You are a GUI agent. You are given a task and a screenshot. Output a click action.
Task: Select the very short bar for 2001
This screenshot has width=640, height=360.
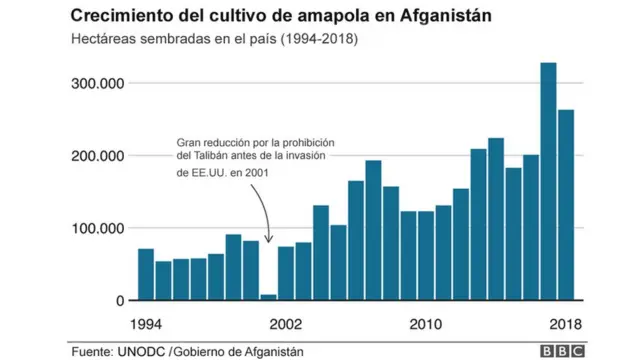[268, 296]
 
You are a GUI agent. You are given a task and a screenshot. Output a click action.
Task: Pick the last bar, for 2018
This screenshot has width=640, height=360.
[566, 205]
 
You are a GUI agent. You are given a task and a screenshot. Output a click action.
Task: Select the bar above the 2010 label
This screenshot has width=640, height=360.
[426, 256]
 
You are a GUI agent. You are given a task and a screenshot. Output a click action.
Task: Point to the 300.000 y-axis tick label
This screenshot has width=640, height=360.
[97, 83]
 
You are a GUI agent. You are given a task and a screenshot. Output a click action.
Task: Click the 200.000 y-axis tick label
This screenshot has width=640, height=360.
[97, 156]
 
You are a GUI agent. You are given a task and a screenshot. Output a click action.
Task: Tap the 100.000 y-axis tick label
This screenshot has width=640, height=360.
[97, 228]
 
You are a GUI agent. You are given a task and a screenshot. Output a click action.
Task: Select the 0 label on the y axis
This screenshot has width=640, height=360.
[119, 300]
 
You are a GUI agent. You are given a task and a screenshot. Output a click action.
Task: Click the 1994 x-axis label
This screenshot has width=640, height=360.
[145, 324]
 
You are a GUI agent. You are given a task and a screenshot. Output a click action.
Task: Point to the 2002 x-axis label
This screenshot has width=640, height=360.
[286, 324]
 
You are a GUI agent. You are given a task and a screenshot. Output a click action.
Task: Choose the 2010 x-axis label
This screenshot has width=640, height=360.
[426, 324]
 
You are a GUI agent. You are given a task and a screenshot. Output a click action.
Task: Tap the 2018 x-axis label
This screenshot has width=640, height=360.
[566, 324]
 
